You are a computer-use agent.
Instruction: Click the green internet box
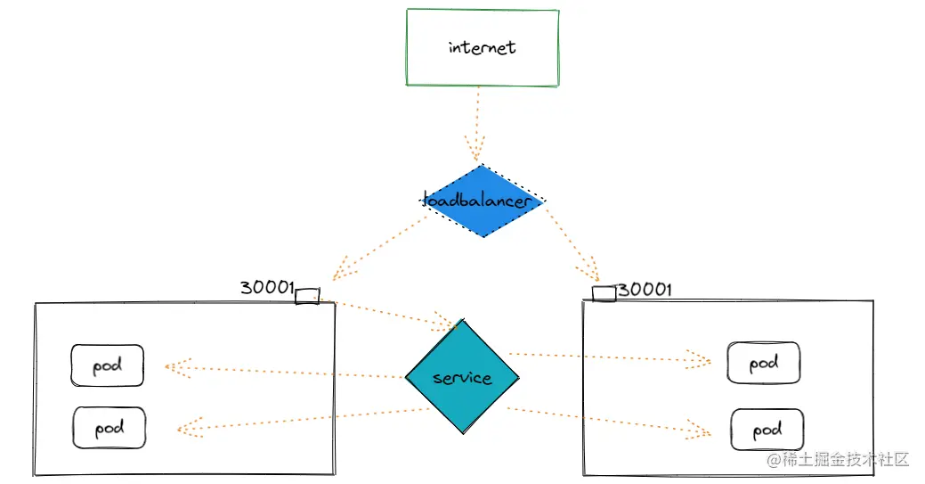(483, 48)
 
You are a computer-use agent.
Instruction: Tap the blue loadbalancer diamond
(482, 201)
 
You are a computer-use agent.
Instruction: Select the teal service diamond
(461, 377)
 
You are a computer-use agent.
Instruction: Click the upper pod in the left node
(107, 365)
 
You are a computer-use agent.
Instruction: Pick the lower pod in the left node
(109, 428)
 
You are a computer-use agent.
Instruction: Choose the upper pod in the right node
(763, 363)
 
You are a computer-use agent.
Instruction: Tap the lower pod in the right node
(767, 431)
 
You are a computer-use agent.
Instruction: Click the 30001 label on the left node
(266, 288)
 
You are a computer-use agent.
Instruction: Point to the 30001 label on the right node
(645, 290)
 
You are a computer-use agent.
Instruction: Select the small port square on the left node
(307, 296)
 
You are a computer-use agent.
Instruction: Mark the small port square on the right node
(604, 294)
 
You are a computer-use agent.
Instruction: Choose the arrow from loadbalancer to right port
(570, 241)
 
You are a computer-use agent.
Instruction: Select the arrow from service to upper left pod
(285, 372)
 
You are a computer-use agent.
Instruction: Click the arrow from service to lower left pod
(303, 420)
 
